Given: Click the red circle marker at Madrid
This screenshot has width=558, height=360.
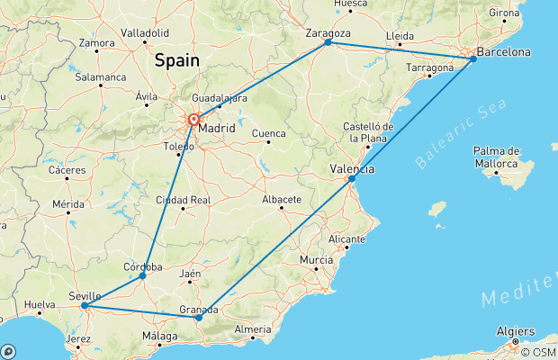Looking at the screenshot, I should (x=193, y=119).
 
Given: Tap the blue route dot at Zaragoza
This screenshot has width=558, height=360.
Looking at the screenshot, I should (x=328, y=42).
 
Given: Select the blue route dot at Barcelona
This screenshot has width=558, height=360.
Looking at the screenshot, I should (x=473, y=59).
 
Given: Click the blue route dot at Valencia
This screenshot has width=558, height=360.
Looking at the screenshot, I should (x=352, y=179).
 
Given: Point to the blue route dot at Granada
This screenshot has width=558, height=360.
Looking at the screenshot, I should (x=199, y=318).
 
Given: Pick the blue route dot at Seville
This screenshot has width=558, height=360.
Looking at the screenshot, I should (x=84, y=306).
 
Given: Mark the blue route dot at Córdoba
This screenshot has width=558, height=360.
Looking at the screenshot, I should (x=143, y=276).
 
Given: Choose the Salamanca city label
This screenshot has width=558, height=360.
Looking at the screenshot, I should (x=101, y=77).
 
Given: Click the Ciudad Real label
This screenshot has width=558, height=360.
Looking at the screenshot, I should (x=184, y=200).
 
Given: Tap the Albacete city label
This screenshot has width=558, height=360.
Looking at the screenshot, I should (x=282, y=199).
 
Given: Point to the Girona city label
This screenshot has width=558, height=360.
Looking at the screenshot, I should (x=504, y=13).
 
